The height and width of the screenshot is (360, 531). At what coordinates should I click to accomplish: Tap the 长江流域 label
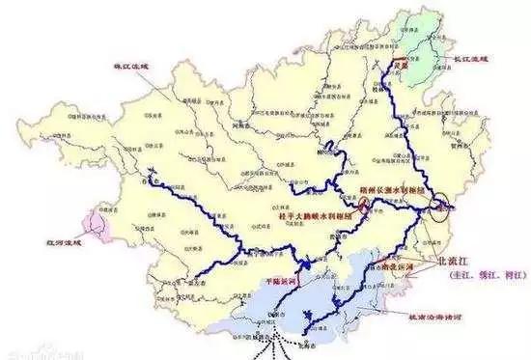pos(464,59)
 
